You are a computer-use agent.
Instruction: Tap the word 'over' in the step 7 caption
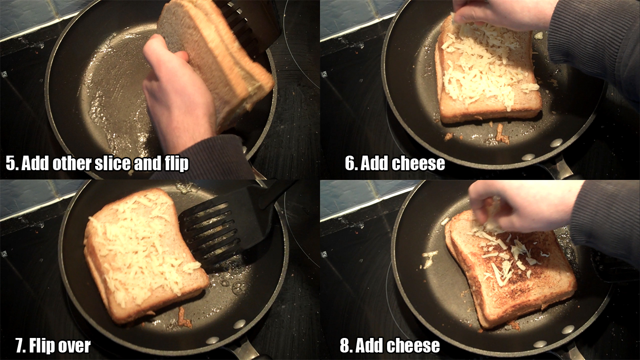(75, 346)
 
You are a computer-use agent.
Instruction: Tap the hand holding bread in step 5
(177, 91)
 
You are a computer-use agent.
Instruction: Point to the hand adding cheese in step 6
(503, 13)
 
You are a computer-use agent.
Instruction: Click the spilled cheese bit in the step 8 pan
(430, 259)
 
